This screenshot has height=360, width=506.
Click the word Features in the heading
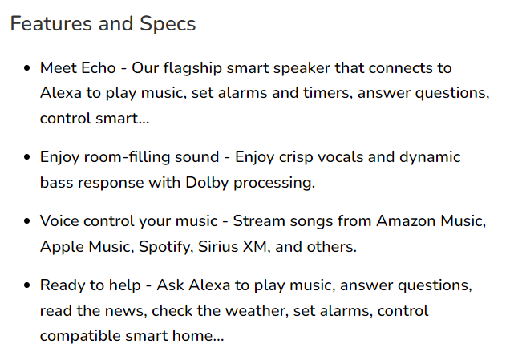tap(51, 23)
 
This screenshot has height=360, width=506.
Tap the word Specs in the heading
tap(168, 25)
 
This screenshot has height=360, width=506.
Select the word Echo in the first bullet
tap(98, 67)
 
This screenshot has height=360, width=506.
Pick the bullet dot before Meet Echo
tap(27, 68)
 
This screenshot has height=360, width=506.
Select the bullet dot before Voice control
tap(27, 221)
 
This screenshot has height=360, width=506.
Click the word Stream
tap(259, 221)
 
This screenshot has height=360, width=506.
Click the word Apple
tap(62, 247)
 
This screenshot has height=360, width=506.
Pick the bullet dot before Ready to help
tap(27, 285)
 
